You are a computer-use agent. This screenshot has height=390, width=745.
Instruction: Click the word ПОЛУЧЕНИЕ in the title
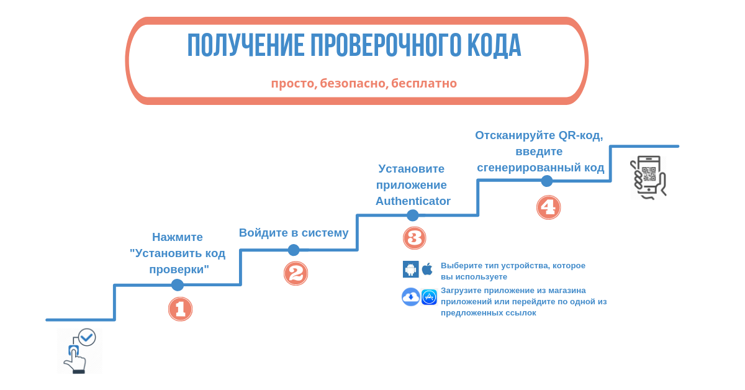pyautogui.click(x=245, y=45)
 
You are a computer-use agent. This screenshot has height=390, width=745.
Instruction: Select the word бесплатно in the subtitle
pyautogui.click(x=424, y=83)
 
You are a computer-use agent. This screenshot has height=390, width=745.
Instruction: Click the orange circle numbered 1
pyautogui.click(x=180, y=309)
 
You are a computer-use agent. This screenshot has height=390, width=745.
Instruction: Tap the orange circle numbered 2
pyautogui.click(x=296, y=273)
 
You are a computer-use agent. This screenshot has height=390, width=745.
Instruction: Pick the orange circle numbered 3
pyautogui.click(x=415, y=238)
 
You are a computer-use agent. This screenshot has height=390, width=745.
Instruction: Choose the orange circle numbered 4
pyautogui.click(x=548, y=207)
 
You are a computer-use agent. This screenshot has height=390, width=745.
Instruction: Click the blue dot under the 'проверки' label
pyautogui.click(x=178, y=285)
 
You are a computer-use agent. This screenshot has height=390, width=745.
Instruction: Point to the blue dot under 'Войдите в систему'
pyautogui.click(x=293, y=250)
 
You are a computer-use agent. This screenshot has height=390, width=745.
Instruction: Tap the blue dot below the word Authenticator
pyautogui.click(x=412, y=215)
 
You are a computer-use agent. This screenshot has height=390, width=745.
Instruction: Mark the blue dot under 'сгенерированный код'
pyautogui.click(x=547, y=181)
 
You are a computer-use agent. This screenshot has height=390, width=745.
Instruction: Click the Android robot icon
pyautogui.click(x=411, y=269)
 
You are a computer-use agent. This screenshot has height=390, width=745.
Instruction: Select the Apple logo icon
pyautogui.click(x=427, y=269)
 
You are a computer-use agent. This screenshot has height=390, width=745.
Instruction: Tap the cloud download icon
pyautogui.click(x=411, y=297)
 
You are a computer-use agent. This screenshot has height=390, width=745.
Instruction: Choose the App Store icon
pyautogui.click(x=429, y=297)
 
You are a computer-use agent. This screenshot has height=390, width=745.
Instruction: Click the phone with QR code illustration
pyautogui.click(x=648, y=178)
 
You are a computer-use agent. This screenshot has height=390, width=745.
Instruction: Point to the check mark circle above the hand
pyautogui.click(x=87, y=337)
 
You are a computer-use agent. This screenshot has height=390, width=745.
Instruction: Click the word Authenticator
pyautogui.click(x=413, y=201)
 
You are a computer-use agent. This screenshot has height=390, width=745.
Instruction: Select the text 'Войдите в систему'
pyautogui.click(x=294, y=233)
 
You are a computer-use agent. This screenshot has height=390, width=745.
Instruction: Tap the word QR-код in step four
pyautogui.click(x=580, y=135)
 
